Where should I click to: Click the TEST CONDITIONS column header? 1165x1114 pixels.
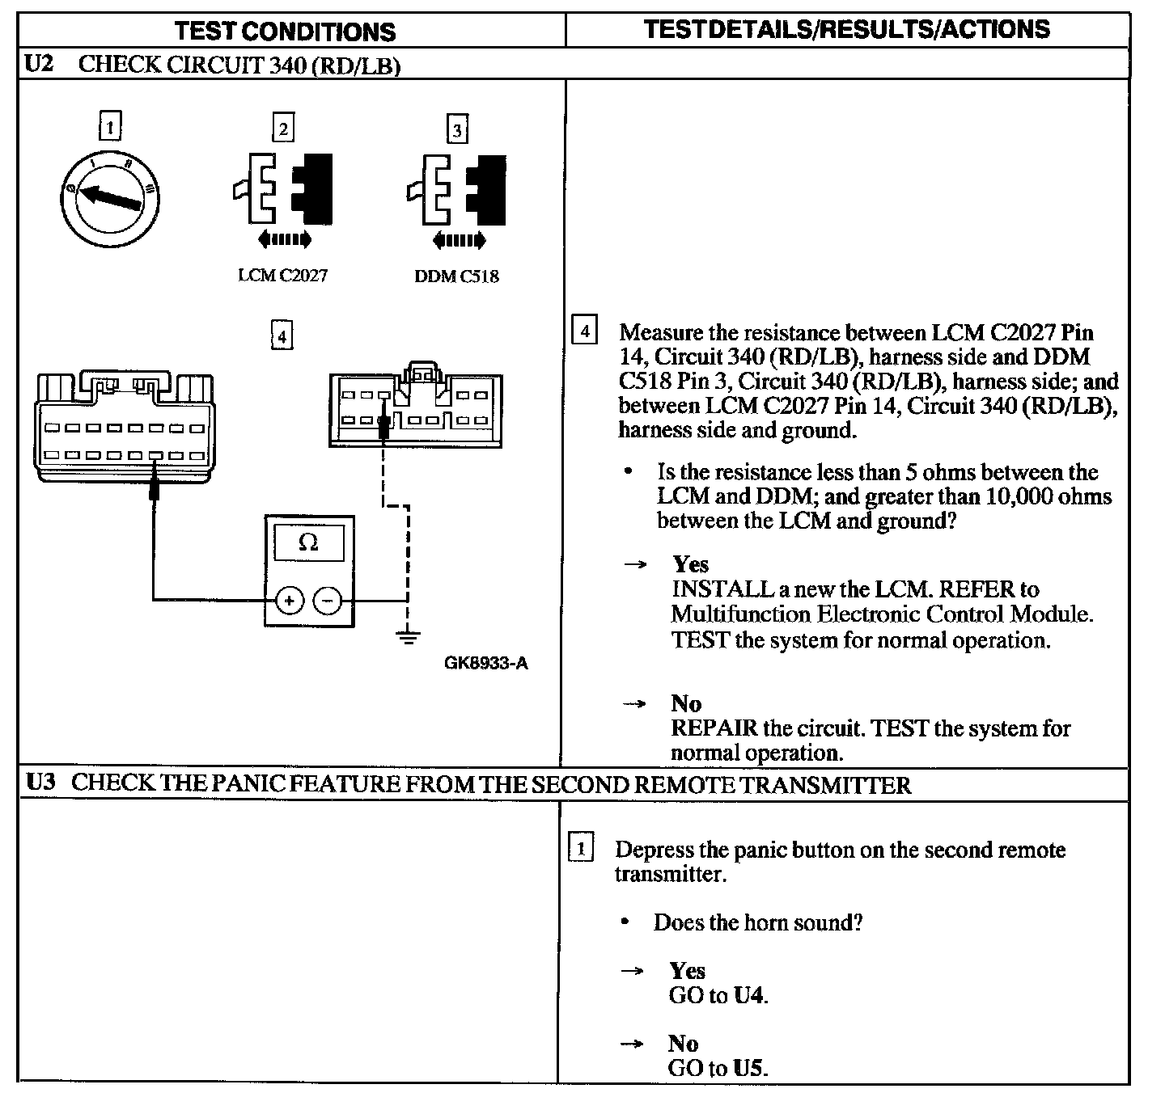pyautogui.click(x=285, y=32)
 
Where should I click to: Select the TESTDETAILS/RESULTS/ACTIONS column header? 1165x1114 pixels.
pyautogui.click(x=846, y=30)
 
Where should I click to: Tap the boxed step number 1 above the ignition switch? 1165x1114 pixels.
pyautogui.click(x=110, y=127)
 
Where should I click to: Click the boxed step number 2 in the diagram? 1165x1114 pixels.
pyautogui.click(x=282, y=129)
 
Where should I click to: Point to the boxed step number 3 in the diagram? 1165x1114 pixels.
pyautogui.click(x=457, y=130)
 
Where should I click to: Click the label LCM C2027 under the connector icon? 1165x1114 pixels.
pyautogui.click(x=282, y=276)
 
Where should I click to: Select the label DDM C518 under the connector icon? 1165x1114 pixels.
pyautogui.click(x=456, y=276)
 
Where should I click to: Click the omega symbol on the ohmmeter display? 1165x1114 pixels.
pyautogui.click(x=308, y=542)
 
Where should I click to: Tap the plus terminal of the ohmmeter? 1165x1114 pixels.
pyautogui.click(x=289, y=600)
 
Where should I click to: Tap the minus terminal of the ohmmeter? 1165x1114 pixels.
pyautogui.click(x=327, y=600)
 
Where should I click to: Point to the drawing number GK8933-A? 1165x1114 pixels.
pyautogui.click(x=485, y=664)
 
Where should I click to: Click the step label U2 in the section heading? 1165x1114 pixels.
pyautogui.click(x=39, y=64)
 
